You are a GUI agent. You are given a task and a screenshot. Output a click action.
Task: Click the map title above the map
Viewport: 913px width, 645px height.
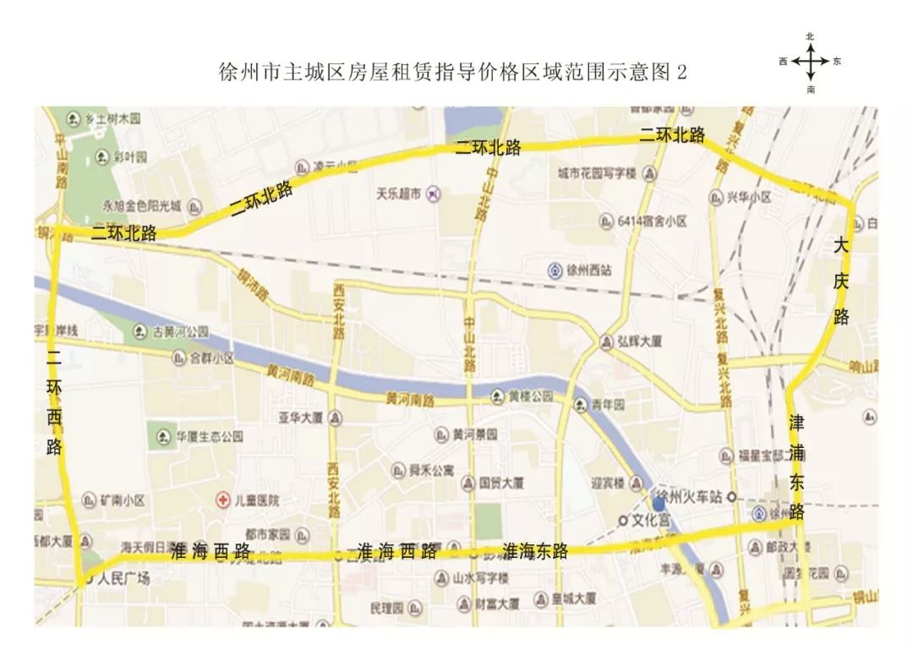(452, 72)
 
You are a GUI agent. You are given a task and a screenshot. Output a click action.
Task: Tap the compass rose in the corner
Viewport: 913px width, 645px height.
(811, 62)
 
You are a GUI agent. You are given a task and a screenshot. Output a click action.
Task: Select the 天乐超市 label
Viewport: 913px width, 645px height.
(399, 193)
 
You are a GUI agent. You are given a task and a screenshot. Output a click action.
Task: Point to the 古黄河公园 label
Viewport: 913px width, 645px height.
(178, 331)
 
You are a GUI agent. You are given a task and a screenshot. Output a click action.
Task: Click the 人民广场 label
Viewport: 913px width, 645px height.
(123, 579)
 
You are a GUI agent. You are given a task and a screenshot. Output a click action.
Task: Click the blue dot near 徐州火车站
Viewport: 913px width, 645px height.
(659, 504)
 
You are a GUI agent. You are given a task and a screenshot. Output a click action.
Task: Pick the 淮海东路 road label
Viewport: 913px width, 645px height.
(536, 551)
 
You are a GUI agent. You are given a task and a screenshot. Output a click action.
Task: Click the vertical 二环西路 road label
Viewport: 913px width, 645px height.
(54, 403)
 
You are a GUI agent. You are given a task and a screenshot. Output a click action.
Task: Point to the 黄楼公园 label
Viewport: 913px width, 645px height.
(530, 396)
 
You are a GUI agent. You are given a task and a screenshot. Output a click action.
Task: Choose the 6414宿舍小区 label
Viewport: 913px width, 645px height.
(651, 221)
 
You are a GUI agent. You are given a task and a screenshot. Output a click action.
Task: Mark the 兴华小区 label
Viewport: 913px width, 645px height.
(749, 197)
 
